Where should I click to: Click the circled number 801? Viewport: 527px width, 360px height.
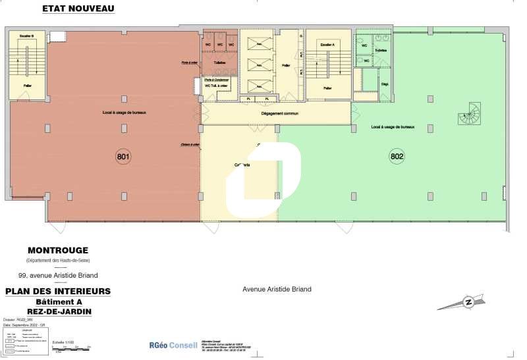point(123,157)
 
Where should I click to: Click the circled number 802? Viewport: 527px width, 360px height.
point(397,157)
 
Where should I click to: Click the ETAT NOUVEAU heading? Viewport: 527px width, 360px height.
point(78,9)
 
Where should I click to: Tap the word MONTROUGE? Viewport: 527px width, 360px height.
point(58,250)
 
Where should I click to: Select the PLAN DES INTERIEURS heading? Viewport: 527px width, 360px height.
point(58,291)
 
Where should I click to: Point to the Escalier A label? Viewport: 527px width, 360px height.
point(326,44)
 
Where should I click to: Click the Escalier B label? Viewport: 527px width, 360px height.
point(27,34)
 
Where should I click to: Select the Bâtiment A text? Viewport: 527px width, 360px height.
point(58,301)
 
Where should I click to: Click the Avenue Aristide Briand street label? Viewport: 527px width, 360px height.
point(277,289)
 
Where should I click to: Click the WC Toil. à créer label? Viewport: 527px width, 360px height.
point(217,86)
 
